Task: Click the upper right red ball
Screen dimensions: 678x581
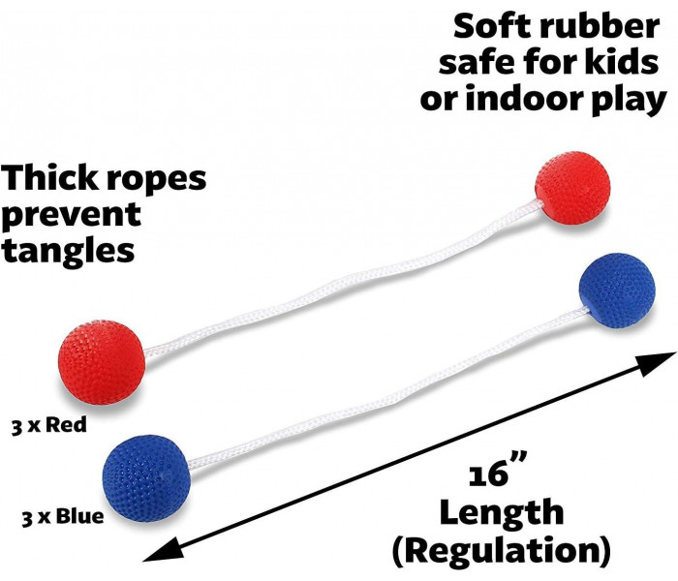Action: [x=572, y=188]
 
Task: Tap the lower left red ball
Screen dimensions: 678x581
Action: [x=102, y=362]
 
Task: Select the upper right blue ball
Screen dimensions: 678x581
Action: [x=617, y=290]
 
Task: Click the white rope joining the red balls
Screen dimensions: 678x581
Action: [x=342, y=278]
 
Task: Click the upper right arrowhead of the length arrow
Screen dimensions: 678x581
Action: [x=658, y=362]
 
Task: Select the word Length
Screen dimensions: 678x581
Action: [x=502, y=512]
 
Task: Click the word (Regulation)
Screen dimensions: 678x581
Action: [x=502, y=550]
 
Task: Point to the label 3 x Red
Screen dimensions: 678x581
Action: [x=48, y=425]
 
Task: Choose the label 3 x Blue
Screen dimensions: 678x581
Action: [x=63, y=516]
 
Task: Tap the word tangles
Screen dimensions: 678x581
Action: [x=68, y=252]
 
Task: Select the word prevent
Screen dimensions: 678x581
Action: [x=72, y=215]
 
